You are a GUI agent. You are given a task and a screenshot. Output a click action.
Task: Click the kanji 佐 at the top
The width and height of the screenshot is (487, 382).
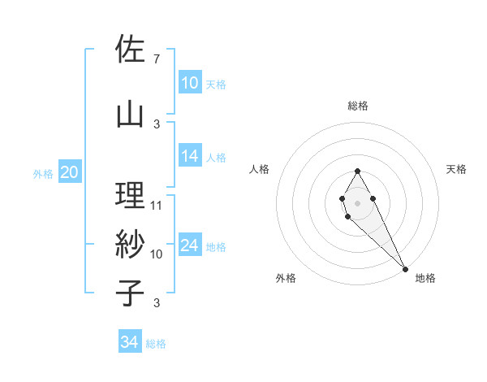[130, 50]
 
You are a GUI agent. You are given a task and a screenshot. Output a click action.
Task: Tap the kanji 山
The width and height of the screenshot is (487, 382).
[130, 113]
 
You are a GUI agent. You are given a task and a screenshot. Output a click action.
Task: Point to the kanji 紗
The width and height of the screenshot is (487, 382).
[130, 243]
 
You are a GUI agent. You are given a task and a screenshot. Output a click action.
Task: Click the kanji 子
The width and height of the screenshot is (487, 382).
[130, 293]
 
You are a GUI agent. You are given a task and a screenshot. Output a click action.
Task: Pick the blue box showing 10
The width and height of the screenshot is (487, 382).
[190, 83]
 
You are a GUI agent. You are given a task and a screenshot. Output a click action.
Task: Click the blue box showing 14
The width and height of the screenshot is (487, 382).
[190, 156]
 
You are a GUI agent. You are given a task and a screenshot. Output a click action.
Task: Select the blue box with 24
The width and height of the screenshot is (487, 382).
[190, 245]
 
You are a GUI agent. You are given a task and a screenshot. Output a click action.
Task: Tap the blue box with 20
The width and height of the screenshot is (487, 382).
[70, 172]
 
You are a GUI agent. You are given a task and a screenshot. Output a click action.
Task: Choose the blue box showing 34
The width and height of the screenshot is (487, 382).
[130, 342]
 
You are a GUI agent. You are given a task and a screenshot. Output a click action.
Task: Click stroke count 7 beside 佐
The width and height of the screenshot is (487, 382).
[156, 59]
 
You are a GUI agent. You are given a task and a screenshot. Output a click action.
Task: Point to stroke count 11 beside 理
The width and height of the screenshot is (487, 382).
[157, 205]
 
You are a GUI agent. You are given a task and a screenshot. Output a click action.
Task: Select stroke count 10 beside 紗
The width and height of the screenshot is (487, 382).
[157, 254]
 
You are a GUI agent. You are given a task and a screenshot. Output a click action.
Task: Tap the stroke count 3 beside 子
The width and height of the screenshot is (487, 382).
[156, 303]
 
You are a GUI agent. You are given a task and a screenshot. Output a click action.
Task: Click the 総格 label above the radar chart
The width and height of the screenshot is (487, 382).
[358, 106]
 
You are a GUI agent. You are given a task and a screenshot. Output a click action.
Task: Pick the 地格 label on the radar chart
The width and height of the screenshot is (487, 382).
[425, 278]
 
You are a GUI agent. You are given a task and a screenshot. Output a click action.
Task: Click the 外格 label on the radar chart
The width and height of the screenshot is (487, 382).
[286, 278]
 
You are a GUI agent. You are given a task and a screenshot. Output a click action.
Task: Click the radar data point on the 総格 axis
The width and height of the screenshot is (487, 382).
[357, 171]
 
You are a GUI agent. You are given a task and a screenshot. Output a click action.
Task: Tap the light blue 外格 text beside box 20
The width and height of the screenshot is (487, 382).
[42, 173]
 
